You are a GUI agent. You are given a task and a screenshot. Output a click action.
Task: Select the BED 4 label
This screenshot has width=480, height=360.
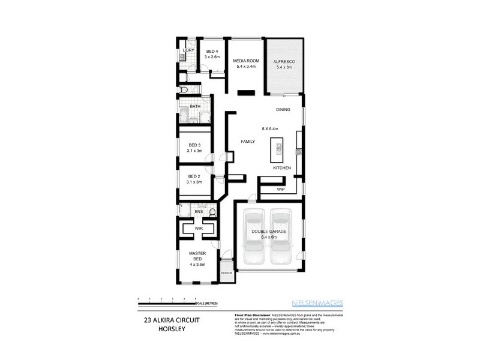212,52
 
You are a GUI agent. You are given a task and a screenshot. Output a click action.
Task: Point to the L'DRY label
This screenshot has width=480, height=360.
188,50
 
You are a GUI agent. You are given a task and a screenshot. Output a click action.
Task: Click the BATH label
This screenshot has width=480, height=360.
194,107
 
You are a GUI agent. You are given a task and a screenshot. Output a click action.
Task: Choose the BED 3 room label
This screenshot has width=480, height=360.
194,145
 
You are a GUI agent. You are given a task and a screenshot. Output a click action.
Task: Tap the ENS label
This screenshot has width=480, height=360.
199,211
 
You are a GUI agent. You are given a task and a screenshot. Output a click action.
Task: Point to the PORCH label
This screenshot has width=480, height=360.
226,273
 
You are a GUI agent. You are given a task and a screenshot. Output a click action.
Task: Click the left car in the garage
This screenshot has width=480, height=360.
254,238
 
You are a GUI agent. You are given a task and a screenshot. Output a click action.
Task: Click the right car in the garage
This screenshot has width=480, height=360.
281,238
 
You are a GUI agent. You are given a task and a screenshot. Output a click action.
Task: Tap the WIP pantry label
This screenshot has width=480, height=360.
281,190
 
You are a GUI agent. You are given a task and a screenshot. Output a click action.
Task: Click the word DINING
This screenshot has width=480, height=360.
283,110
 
